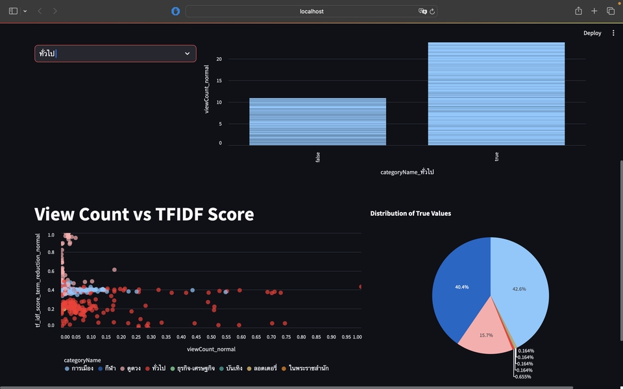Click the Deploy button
(592, 33)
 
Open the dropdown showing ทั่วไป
(116, 53)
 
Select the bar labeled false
(317, 121)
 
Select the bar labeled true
(496, 93)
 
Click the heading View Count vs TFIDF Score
(143, 215)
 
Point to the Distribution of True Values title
(410, 213)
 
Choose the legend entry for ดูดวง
(130, 368)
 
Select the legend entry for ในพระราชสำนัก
(308, 368)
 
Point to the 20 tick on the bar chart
(219, 59)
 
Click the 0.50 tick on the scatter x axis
(211, 337)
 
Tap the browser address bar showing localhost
(311, 11)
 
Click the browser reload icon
(433, 11)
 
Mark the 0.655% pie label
(524, 376)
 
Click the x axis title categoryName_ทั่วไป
(407, 172)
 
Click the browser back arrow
(40, 11)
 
